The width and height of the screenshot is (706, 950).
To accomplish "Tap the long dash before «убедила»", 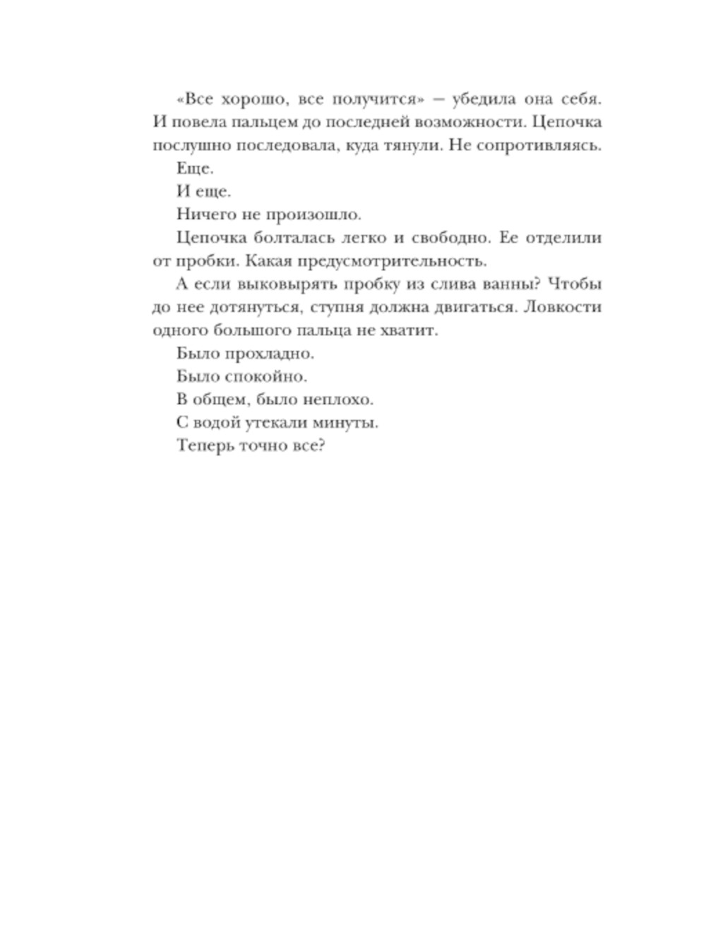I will [x=438, y=100].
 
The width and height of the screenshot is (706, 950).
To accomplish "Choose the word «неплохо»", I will [x=337, y=399].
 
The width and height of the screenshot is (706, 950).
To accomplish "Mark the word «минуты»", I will [x=345, y=423].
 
